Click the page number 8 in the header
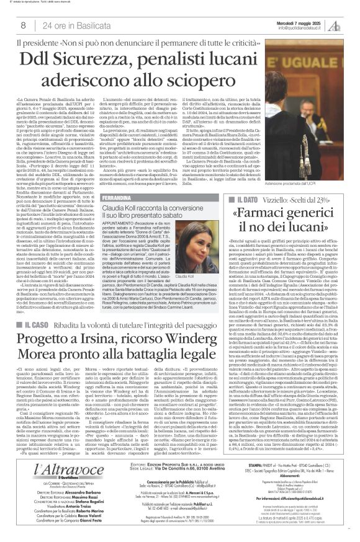[x=23, y=25]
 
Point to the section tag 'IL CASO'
[x=42, y=325]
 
